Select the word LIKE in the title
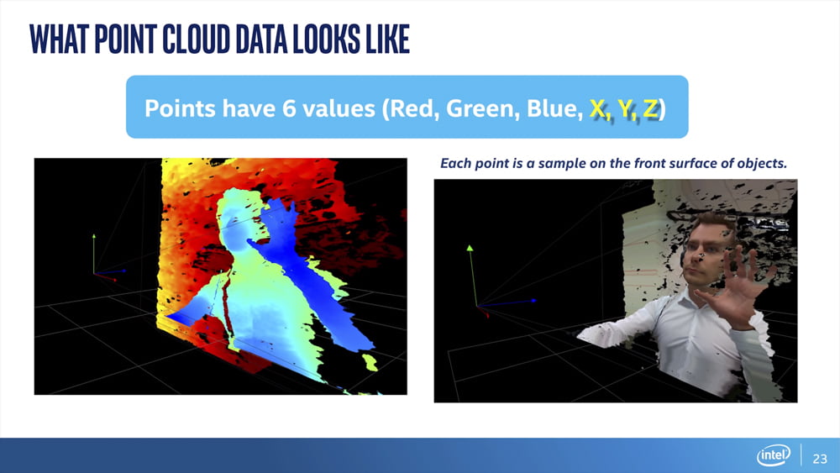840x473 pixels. [x=388, y=39]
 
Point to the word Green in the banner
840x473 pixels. [x=483, y=108]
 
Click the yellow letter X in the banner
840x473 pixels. [x=597, y=108]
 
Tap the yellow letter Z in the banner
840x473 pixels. [x=650, y=108]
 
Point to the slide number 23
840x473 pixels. [x=820, y=459]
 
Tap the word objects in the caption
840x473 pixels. [x=764, y=163]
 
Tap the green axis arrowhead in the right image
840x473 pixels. [x=470, y=248]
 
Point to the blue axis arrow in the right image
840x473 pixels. [x=507, y=303]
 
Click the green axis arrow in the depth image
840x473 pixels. [x=94, y=254]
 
